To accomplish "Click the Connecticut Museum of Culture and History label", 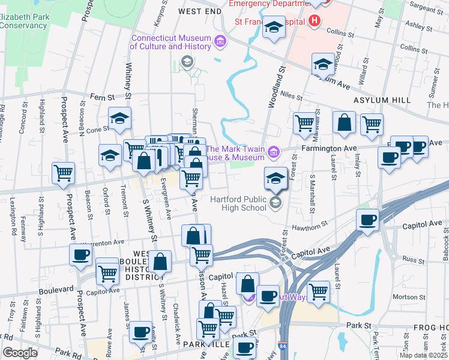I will click(x=171, y=42).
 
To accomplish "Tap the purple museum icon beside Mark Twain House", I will click(x=274, y=152).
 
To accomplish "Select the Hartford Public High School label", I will click(x=238, y=203).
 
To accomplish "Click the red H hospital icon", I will click(x=314, y=21).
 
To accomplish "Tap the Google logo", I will click(x=20, y=353).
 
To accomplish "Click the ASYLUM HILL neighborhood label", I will click(x=382, y=100).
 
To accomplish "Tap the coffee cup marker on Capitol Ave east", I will click(x=367, y=219).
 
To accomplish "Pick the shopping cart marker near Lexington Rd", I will click(x=63, y=173).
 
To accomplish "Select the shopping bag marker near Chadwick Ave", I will click(x=160, y=262).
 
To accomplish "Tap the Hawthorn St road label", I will click(x=310, y=226).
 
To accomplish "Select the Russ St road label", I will click(x=414, y=260).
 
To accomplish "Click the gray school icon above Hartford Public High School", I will click(x=276, y=202).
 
